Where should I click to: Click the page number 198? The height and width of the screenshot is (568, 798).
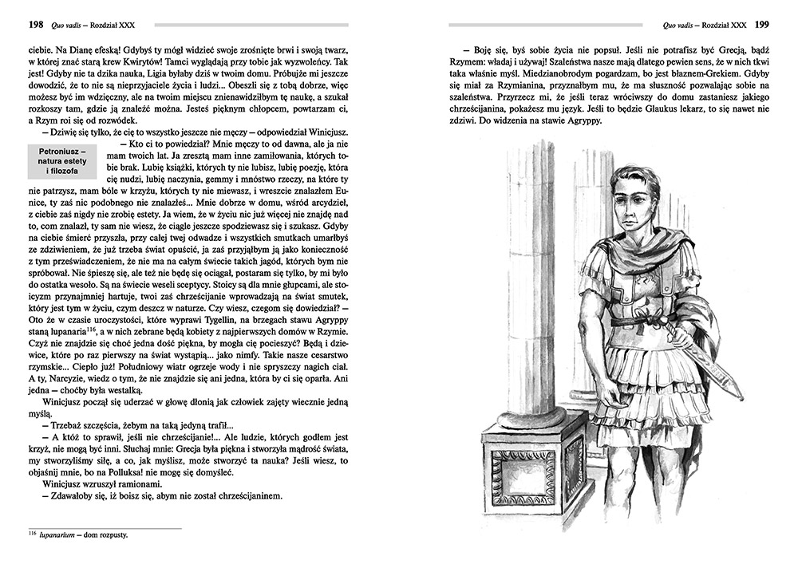click(35, 25)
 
